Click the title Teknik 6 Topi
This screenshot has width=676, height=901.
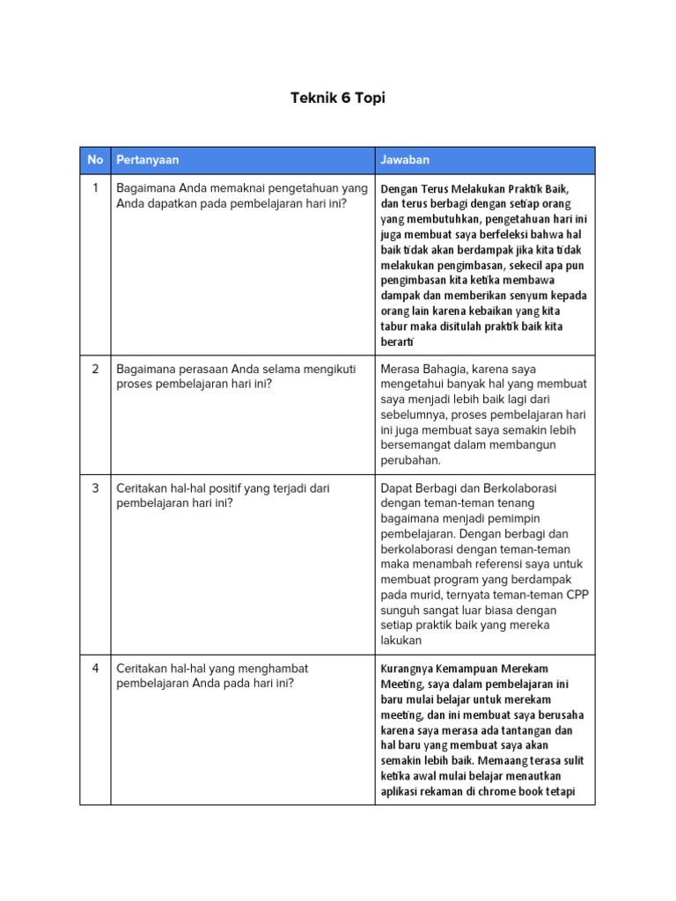[x=338, y=98]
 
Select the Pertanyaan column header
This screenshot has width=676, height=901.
[x=148, y=160]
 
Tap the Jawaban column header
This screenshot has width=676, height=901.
[x=405, y=160]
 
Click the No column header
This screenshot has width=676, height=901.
[x=95, y=160]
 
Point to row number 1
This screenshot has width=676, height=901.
[x=95, y=188]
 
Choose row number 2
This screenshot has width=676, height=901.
[x=95, y=369]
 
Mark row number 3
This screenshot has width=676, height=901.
[x=95, y=487]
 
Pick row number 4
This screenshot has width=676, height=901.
[x=95, y=669]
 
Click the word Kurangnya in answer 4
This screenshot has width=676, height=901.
[x=408, y=669]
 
